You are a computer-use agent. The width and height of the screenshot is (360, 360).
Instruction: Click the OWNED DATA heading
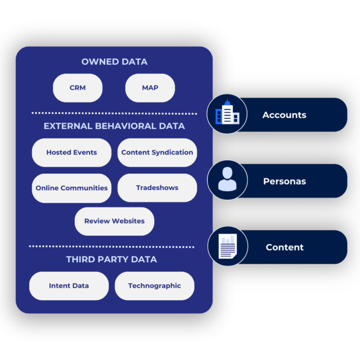[x=114, y=62]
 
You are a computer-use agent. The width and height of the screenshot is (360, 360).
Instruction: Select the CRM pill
[x=78, y=88]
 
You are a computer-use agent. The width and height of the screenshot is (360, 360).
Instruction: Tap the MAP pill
[x=150, y=88]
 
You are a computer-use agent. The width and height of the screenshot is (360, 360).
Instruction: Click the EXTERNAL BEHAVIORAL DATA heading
[x=114, y=126]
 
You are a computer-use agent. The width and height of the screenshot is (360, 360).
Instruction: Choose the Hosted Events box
[x=71, y=152]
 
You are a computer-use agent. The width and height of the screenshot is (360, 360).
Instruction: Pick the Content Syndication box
[x=157, y=152]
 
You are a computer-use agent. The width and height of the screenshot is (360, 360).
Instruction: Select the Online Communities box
[x=71, y=188]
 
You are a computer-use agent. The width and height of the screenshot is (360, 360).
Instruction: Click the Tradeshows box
[x=157, y=188]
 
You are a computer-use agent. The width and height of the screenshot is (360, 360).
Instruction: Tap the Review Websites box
[x=114, y=221]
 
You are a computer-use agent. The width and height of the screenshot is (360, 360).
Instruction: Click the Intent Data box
[x=69, y=286]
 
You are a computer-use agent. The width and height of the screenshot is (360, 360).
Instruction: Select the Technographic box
[x=154, y=286]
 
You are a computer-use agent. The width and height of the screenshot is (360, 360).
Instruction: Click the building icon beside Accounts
[x=227, y=114]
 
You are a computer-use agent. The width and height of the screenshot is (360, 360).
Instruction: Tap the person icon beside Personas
[x=227, y=181]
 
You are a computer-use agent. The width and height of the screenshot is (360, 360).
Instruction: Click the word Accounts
[x=284, y=115]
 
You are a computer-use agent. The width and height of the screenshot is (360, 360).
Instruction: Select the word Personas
[x=284, y=182]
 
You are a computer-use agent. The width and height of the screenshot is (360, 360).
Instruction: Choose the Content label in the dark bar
[x=285, y=247]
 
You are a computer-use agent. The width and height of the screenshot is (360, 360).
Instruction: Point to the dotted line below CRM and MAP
[x=114, y=113]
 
